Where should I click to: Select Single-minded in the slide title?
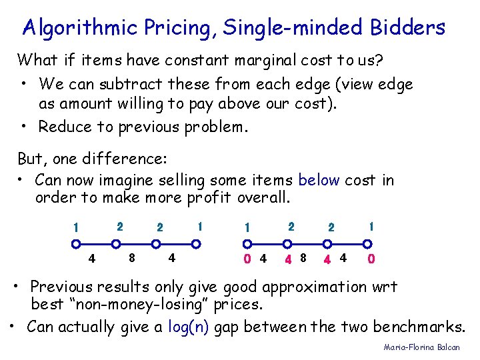pos(292,28)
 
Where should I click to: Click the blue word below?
pos(319,180)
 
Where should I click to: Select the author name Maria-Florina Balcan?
pos(421,347)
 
